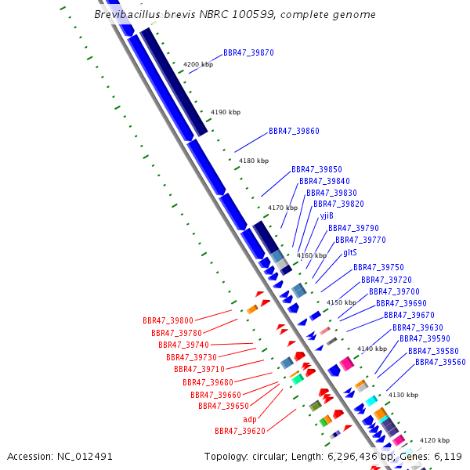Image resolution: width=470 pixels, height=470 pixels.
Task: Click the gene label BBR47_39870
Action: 248,52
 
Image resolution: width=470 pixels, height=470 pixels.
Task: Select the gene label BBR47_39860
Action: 294,131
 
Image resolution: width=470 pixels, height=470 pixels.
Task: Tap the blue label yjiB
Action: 327,215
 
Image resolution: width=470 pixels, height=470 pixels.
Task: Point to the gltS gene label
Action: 349,252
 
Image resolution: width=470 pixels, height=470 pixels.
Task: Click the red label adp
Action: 250,419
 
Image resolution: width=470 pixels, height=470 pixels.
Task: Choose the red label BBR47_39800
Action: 168,320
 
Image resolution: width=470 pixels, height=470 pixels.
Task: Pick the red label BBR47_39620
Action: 240,431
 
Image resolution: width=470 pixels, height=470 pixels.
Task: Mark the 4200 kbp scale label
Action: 197,64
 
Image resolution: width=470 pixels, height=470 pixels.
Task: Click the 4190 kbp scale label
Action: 226,112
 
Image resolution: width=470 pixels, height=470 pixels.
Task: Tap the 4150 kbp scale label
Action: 341,302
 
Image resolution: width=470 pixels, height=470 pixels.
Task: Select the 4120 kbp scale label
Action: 434,441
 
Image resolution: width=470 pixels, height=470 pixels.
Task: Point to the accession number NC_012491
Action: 85,456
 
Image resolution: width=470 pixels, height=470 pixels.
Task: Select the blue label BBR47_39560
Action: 440,362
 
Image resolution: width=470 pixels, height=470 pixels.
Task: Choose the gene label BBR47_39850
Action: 316,169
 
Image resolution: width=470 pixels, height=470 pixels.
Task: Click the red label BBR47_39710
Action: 199,369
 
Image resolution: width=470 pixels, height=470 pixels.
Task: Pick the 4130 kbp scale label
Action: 403,395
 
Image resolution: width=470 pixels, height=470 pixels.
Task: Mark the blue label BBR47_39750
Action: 378,267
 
